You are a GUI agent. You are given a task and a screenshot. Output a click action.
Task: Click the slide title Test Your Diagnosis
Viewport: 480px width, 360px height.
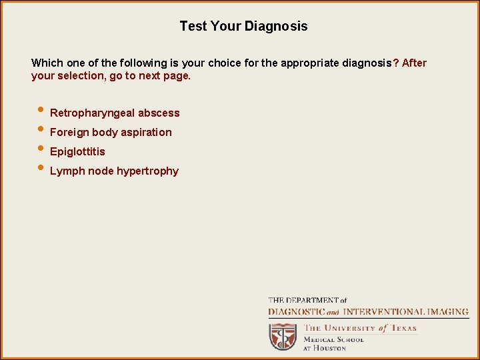pyautogui.click(x=243, y=27)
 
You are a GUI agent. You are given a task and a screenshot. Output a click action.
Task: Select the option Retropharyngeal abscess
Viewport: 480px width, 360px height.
pyautogui.click(x=115, y=113)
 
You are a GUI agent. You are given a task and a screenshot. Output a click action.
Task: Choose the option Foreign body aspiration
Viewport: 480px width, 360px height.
pyautogui.click(x=111, y=133)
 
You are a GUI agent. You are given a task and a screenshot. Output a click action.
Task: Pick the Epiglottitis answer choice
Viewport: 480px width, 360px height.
pyautogui.click(x=77, y=152)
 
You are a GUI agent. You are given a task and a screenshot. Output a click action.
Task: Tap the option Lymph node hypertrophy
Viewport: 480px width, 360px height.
pyautogui.click(x=114, y=171)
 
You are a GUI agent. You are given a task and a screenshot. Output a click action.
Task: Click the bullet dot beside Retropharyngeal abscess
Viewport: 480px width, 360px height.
pyautogui.click(x=41, y=111)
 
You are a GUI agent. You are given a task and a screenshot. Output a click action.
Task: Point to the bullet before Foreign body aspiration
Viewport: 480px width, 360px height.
pyautogui.click(x=41, y=130)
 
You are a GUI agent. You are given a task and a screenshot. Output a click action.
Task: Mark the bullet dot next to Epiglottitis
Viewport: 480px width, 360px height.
pyautogui.click(x=41, y=149)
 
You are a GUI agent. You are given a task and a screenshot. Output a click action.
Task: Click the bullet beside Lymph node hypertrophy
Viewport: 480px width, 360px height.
pyautogui.click(x=41, y=169)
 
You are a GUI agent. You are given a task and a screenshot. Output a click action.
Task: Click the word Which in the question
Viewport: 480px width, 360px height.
pyautogui.click(x=47, y=63)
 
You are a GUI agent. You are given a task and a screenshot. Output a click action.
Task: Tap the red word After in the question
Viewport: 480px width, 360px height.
pyautogui.click(x=414, y=63)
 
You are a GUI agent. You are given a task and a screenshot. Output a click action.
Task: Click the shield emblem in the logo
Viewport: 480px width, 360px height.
pyautogui.click(x=283, y=336)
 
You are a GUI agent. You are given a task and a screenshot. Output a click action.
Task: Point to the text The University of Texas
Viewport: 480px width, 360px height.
pyautogui.click(x=360, y=328)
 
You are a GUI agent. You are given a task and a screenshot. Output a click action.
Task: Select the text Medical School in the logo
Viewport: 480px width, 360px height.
pyautogui.click(x=333, y=339)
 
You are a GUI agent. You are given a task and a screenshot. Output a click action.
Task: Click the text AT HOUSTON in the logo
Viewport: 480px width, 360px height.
pyautogui.click(x=325, y=348)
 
